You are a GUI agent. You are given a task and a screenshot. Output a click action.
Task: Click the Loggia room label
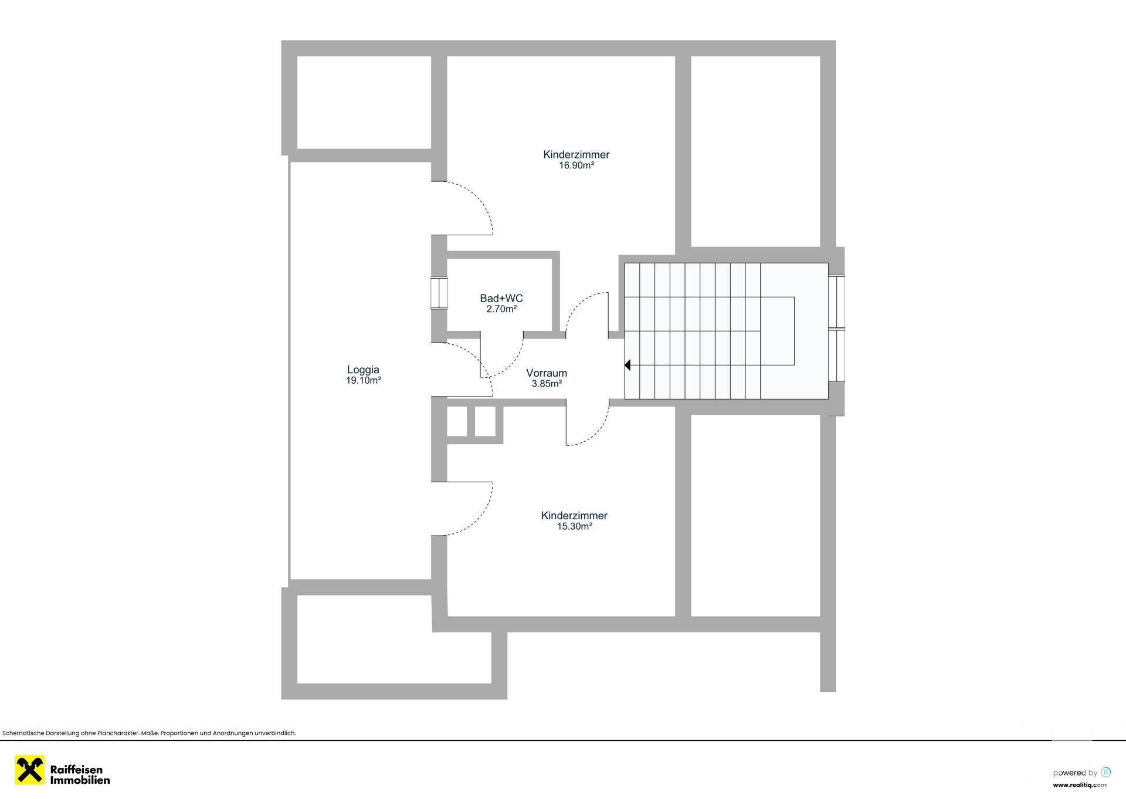(x=363, y=370)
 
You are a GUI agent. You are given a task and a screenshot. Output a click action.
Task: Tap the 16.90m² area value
(x=576, y=165)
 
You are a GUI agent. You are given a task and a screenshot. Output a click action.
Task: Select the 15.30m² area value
(x=574, y=526)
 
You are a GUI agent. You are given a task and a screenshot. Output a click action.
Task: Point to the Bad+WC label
(x=501, y=299)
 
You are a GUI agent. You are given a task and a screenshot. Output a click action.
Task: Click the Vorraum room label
(x=547, y=373)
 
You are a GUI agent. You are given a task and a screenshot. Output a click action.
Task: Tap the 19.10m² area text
(x=364, y=380)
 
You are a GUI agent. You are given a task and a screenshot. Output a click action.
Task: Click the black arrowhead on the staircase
(x=627, y=365)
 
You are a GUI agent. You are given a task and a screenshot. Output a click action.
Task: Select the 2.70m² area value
(x=501, y=309)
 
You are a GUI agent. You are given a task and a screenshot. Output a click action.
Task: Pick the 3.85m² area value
(x=547, y=384)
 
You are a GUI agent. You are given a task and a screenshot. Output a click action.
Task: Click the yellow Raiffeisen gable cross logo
(x=30, y=770)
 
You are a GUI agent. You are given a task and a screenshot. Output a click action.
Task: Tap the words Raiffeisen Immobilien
(x=80, y=775)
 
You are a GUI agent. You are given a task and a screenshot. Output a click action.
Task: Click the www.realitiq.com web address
(x=1080, y=785)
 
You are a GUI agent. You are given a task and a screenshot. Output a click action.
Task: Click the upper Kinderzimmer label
(x=576, y=155)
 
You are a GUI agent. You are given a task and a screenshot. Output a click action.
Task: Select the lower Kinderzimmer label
(x=574, y=516)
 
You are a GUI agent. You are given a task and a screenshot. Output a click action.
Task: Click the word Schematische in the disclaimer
(x=21, y=733)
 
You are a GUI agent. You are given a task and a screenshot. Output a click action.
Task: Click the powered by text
(x=1075, y=773)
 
